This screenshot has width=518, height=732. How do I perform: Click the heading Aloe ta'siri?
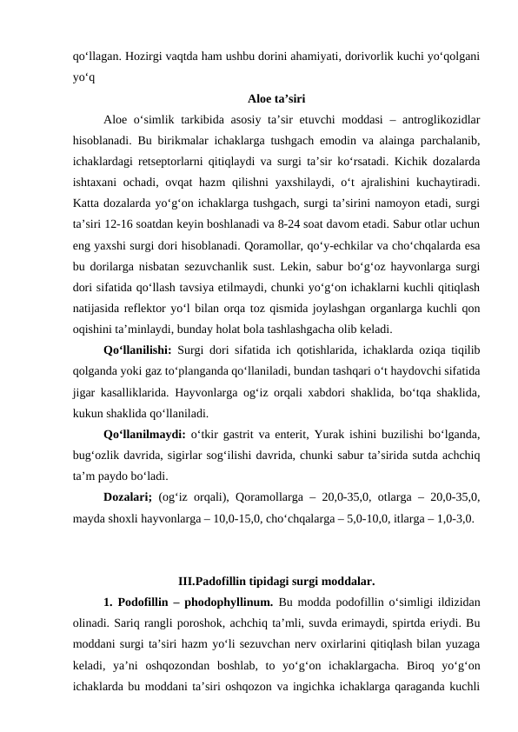[276, 97]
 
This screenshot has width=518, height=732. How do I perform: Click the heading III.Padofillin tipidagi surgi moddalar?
[276, 580]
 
